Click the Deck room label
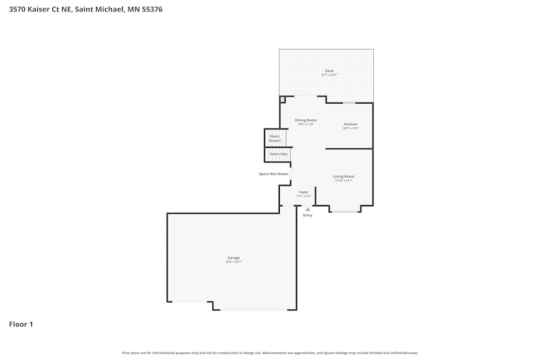pyautogui.click(x=329, y=71)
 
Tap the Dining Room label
pyautogui.click(x=306, y=120)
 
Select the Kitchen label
pyautogui.click(x=350, y=124)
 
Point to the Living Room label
pyautogui.click(x=343, y=176)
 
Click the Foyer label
pyautogui.click(x=303, y=192)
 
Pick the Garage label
pyautogui.click(x=233, y=258)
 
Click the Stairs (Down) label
pyautogui.click(x=275, y=138)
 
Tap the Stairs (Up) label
pyautogui.click(x=279, y=154)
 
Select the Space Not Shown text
pyautogui.click(x=274, y=174)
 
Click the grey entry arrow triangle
pyautogui.click(x=308, y=209)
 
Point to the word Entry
pyautogui.click(x=308, y=215)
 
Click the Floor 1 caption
pyautogui.click(x=21, y=324)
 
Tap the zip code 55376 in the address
pyautogui.click(x=151, y=9)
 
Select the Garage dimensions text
pyautogui.click(x=233, y=262)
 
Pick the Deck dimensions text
pyautogui.click(x=329, y=75)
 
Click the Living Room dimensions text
pyautogui.click(x=343, y=181)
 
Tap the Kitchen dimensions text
pyautogui.click(x=350, y=128)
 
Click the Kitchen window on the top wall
pyautogui.click(x=349, y=103)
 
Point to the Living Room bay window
pyautogui.click(x=345, y=212)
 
